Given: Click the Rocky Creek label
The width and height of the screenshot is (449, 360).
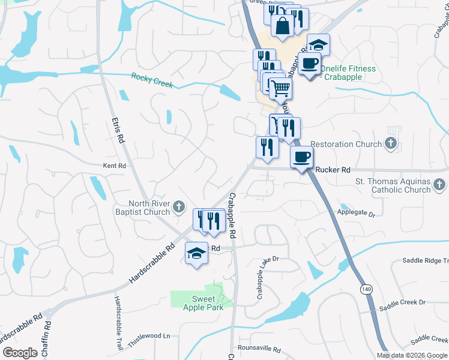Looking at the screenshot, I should point(152,80).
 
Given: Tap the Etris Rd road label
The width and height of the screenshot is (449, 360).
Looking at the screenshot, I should point(117,130).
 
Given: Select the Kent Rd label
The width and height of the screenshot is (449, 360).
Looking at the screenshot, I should point(114,166).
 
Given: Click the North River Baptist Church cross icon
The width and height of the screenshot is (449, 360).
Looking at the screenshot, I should point(178,208).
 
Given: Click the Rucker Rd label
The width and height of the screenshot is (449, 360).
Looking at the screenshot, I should point(333,170).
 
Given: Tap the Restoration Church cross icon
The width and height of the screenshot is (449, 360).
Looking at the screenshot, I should point(391,143).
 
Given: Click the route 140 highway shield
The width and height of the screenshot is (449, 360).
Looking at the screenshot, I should point(365,289).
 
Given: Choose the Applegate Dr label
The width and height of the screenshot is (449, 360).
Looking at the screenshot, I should point(356,214).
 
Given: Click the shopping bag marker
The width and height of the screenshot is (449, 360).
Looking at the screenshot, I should point(282,25).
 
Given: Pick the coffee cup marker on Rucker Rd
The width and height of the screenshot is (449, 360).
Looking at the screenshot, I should point(301,157).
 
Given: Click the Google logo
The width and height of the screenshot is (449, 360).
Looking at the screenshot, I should point(20,353).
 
